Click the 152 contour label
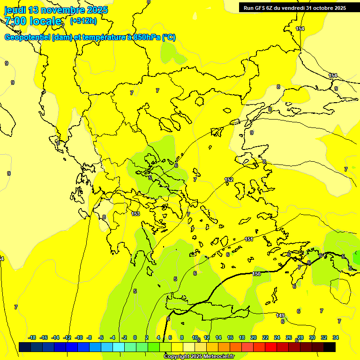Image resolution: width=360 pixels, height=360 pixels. pos(229,180)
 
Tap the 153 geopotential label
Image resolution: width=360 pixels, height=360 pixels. pos(135,214)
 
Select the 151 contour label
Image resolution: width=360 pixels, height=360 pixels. pos(249,240)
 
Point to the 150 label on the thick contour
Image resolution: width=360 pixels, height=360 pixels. pos(256,274)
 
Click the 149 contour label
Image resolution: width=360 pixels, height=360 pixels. pos(280,315)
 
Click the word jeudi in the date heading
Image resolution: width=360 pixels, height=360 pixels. pos(15,10)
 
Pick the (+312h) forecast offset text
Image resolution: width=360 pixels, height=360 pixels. pos(83,21)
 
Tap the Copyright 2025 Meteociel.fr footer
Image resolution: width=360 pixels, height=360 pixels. pos(199,357)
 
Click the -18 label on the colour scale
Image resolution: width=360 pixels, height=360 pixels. pos(32,337)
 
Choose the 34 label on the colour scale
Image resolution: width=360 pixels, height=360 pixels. pos(336,337)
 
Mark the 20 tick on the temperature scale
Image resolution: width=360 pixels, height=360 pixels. pos(254,337)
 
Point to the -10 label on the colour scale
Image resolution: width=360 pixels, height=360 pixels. pos(79,337)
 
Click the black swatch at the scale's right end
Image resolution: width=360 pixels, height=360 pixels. pos(330,347)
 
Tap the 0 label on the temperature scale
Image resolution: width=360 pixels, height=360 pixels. pos(135,337)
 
